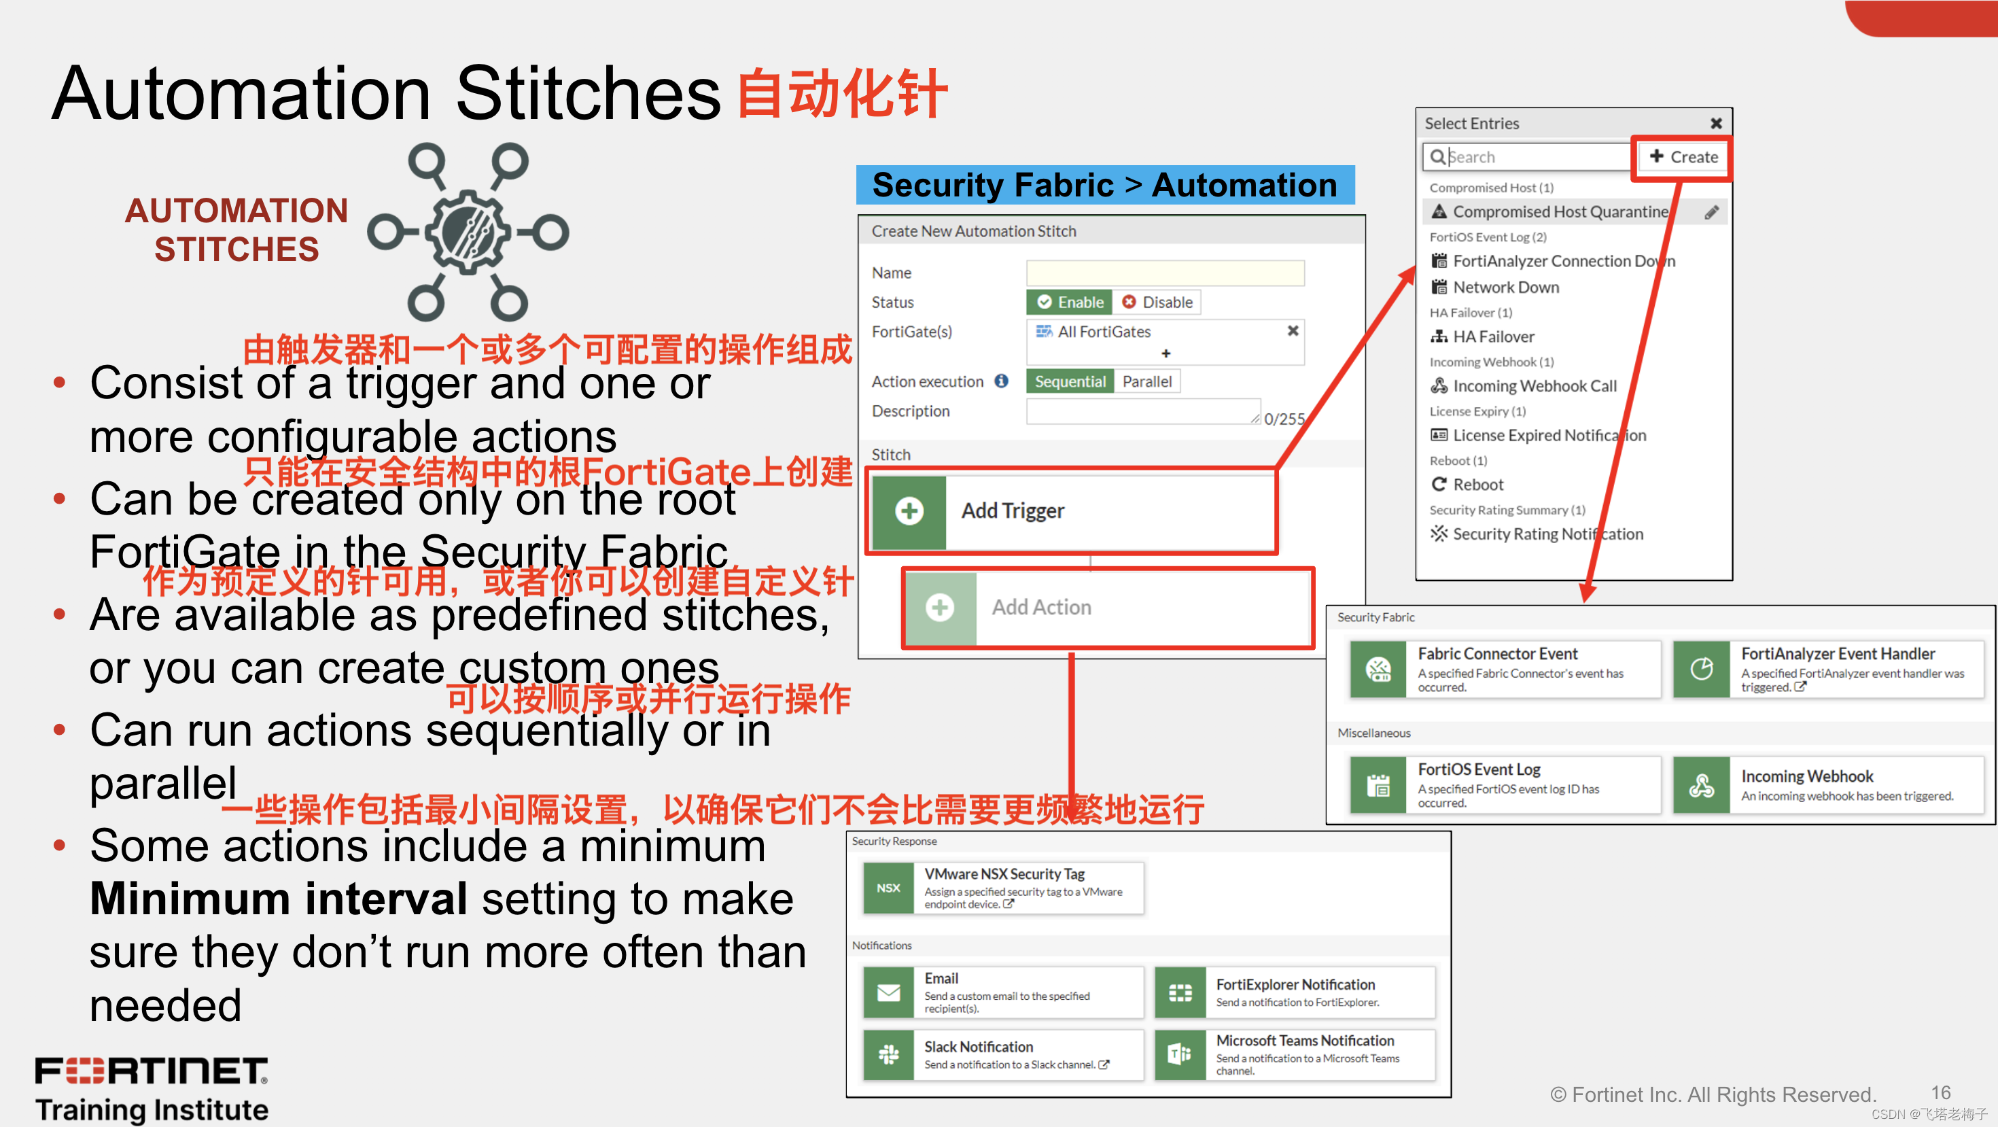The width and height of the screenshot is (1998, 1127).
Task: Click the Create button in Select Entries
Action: click(1683, 156)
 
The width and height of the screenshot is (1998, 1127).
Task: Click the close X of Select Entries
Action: click(1716, 123)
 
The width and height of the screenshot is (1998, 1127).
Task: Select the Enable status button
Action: click(1070, 302)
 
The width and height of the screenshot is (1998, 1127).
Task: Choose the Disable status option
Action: click(1157, 302)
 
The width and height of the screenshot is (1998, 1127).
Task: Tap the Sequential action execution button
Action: click(1070, 381)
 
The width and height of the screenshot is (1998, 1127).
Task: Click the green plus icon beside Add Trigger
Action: click(909, 511)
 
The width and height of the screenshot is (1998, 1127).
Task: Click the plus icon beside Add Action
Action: click(940, 607)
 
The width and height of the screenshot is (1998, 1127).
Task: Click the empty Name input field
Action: click(1164, 273)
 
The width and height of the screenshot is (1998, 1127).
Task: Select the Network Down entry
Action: click(1505, 287)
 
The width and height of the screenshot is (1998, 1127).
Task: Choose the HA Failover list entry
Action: click(1493, 336)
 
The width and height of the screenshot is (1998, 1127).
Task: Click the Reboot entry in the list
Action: click(1477, 485)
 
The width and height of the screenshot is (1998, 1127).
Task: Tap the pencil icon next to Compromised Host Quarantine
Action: click(1711, 212)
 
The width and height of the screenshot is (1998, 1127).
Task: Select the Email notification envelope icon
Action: click(888, 992)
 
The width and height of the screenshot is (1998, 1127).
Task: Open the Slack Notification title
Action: click(978, 1046)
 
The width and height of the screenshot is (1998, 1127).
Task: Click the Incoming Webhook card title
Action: click(1806, 776)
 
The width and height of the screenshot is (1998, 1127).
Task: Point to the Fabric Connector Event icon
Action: click(1378, 669)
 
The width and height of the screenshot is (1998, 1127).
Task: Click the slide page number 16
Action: click(1941, 1092)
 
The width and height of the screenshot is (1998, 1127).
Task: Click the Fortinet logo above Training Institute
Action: click(152, 1071)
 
